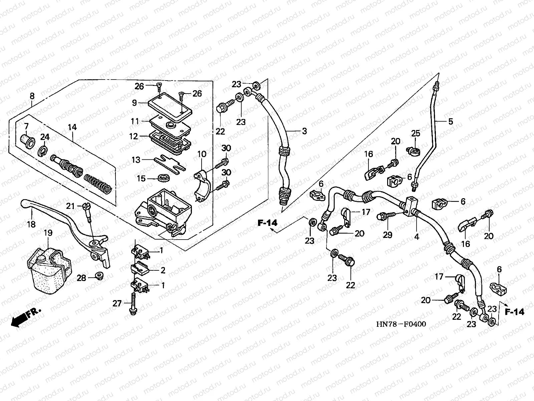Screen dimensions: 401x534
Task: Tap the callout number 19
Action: click(48, 233)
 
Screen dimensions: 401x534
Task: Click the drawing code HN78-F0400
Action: click(401, 324)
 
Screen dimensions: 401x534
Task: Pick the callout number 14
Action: click(72, 127)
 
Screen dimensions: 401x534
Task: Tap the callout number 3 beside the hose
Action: click(304, 131)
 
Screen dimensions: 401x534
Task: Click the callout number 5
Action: click(451, 122)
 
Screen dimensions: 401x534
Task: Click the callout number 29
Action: click(387, 235)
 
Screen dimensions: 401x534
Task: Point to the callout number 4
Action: click(417, 237)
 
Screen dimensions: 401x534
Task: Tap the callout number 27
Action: click(117, 303)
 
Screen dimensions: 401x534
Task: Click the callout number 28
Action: click(81, 278)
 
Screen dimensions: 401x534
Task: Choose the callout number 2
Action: click(163, 270)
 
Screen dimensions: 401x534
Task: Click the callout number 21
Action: click(70, 207)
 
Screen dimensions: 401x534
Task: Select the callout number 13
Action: click(136, 160)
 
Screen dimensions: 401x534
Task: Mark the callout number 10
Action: click(202, 154)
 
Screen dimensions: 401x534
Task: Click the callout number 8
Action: click(32, 96)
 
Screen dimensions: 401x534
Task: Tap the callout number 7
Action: click(26, 126)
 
